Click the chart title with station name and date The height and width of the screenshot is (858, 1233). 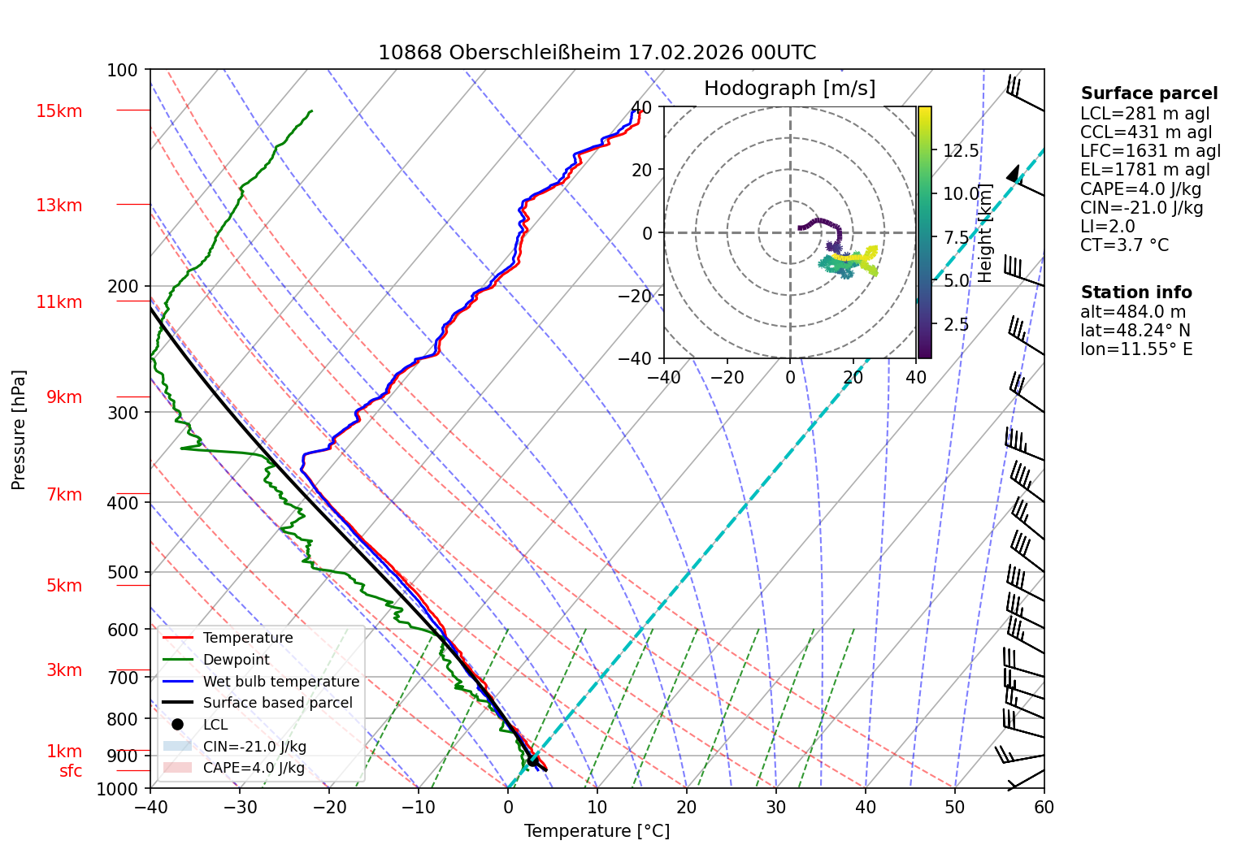(597, 53)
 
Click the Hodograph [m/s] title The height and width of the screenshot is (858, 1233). (790, 88)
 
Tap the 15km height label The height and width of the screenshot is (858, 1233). (59, 111)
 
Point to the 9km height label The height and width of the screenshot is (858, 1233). (64, 397)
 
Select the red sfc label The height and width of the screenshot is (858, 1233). (71, 771)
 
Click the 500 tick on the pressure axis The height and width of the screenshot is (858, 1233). (122, 572)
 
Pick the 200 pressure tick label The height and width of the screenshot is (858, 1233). (122, 287)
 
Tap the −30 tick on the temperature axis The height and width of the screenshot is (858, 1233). (240, 808)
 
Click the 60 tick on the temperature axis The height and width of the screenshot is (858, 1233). (1044, 808)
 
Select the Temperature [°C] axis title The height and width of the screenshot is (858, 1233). (597, 831)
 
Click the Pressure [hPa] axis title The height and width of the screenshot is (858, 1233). (19, 430)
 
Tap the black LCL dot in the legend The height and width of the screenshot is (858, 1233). (177, 724)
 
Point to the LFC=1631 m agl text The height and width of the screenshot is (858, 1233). (1150, 151)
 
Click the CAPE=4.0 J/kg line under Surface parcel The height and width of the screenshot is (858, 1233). (1140, 188)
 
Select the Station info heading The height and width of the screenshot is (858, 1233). (1136, 292)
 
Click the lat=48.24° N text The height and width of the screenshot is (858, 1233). (1135, 330)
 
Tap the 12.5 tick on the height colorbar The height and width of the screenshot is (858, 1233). (961, 151)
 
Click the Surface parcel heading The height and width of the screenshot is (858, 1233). (1149, 93)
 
